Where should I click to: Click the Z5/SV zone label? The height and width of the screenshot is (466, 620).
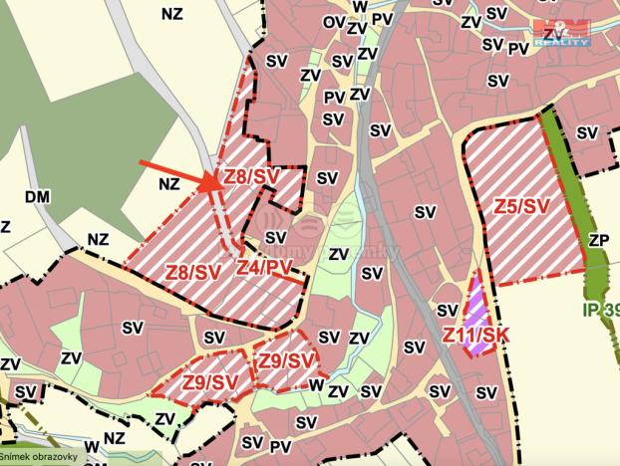(x=521, y=207)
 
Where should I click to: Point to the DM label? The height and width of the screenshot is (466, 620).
(x=37, y=197)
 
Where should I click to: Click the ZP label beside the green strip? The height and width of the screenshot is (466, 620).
(x=598, y=240)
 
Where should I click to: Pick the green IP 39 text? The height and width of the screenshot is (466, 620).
(x=601, y=311)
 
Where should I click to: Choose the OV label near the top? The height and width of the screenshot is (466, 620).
(x=334, y=20)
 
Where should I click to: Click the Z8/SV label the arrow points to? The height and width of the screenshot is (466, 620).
(x=249, y=176)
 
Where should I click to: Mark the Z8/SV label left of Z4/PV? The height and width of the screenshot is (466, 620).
(x=191, y=271)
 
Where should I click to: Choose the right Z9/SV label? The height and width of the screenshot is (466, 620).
(x=287, y=359)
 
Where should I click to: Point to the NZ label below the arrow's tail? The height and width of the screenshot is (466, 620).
(x=168, y=184)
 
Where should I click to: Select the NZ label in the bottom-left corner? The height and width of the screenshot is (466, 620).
(x=115, y=436)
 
